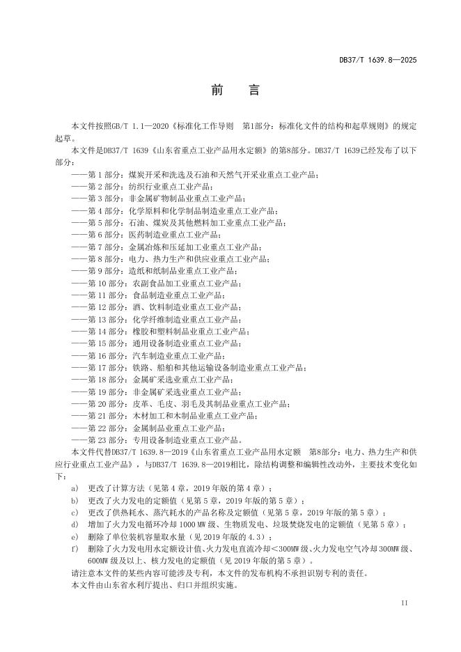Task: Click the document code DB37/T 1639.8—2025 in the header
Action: tap(382, 61)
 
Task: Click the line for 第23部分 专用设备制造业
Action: tap(164, 440)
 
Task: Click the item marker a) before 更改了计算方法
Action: tap(75, 488)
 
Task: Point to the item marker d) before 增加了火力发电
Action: tap(75, 525)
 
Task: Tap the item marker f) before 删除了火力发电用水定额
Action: tap(75, 548)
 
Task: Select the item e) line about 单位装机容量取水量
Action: tap(181, 536)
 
